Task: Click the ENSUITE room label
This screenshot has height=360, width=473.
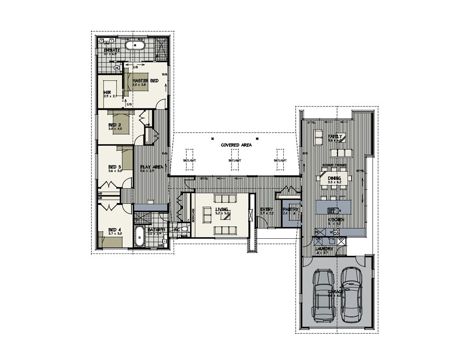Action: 112,50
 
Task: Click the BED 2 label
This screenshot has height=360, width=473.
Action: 114,125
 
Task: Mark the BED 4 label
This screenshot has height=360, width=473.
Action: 114,230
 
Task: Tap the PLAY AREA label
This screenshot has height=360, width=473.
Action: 152,167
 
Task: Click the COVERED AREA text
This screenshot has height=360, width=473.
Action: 236,145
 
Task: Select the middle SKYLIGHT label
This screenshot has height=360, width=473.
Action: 235,161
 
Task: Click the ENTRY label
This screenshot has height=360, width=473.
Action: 267,209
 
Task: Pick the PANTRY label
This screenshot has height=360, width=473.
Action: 291,209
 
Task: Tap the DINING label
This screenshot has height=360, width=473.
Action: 334,178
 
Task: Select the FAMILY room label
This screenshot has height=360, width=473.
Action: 334,137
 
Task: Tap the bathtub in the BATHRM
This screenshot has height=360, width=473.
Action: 140,237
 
